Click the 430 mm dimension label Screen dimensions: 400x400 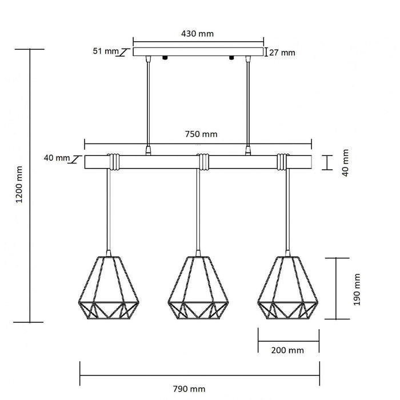click(x=198, y=34)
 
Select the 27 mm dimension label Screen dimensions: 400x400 click(x=283, y=53)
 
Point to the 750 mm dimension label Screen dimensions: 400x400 click(x=202, y=134)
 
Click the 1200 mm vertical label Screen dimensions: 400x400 click(x=19, y=185)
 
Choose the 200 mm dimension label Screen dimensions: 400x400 click(x=288, y=350)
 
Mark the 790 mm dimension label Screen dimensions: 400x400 click(x=190, y=389)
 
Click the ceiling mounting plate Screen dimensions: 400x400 click(x=198, y=52)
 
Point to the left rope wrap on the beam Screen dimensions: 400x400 click(x=114, y=162)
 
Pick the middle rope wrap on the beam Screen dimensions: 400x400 click(x=202, y=162)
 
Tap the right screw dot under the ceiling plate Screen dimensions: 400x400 click(x=231, y=58)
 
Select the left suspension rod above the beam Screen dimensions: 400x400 click(x=149, y=103)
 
